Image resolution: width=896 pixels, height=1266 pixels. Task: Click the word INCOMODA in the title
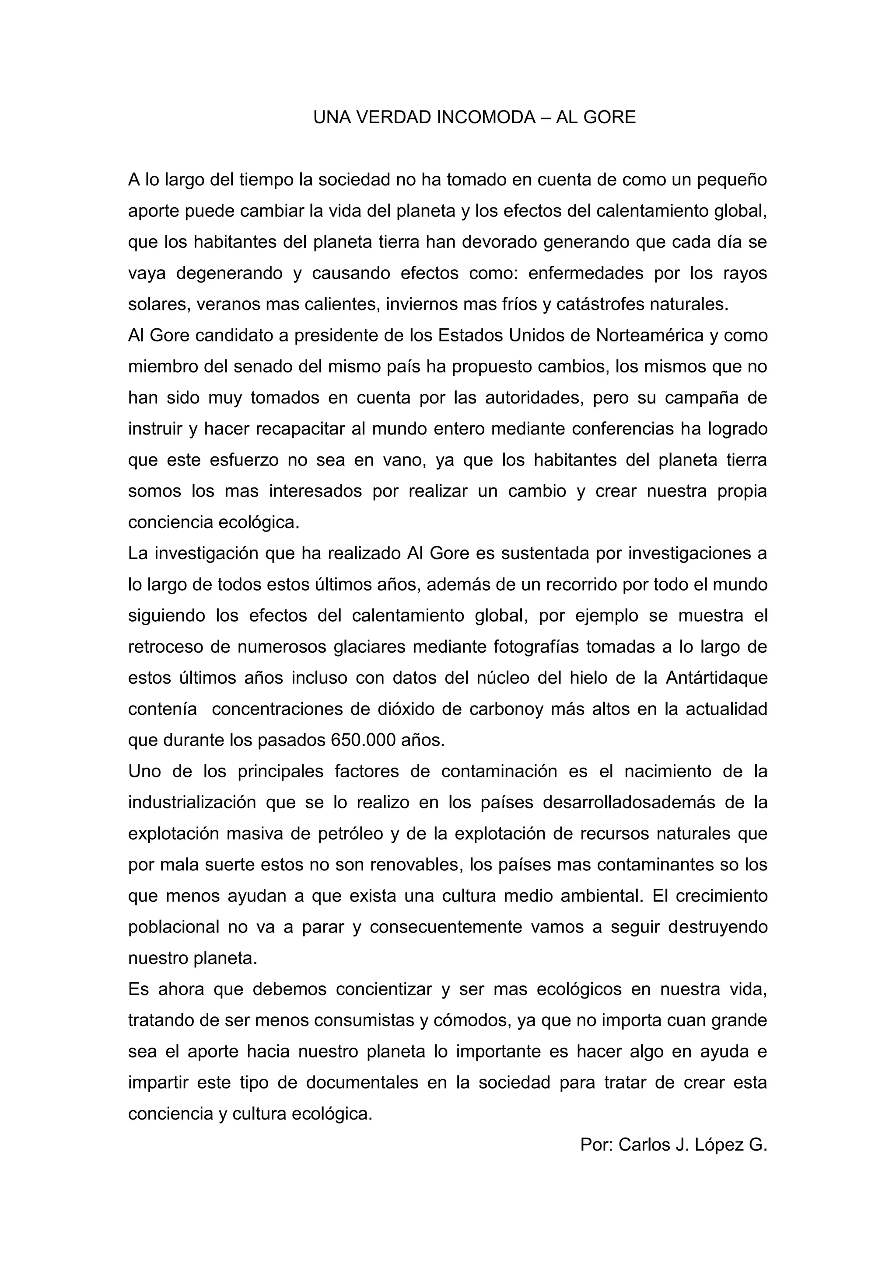coord(486,118)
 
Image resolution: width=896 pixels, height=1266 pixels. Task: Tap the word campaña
coord(700,397)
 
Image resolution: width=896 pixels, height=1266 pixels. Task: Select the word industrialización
coord(192,802)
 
